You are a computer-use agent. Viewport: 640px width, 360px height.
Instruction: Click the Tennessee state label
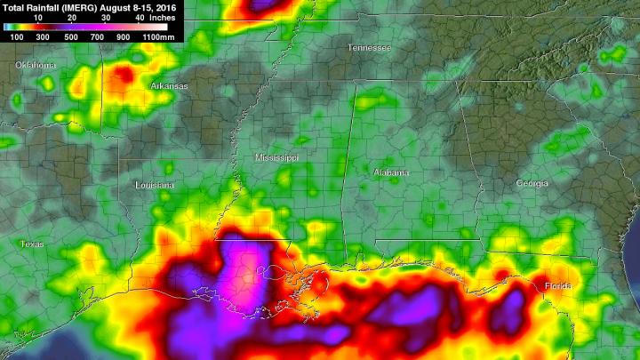(369, 47)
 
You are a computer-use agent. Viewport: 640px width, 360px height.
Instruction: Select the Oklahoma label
(36, 66)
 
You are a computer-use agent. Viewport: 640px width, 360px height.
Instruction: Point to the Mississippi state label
(276, 157)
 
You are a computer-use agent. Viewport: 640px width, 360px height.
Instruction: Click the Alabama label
(391, 172)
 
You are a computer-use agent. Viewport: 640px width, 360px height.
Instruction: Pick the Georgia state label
(532, 182)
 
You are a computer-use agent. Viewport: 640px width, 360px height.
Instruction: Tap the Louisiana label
(155, 185)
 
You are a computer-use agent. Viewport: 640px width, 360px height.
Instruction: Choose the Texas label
(32, 244)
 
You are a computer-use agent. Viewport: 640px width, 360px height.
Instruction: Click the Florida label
(559, 285)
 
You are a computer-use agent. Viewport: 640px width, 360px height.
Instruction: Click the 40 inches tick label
(140, 17)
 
